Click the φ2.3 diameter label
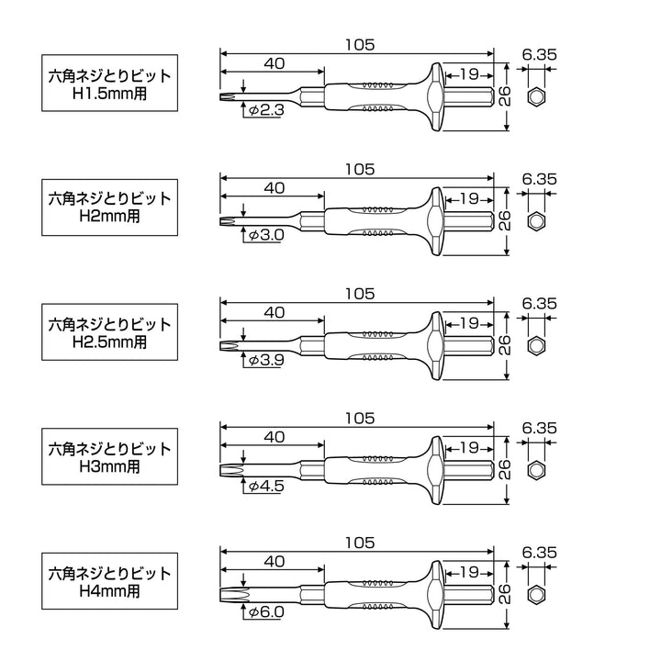pos(266,110)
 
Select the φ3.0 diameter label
pos(266,235)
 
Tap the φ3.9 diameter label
pos(266,360)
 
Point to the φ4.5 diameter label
pos(266,486)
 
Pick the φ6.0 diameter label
pos(266,611)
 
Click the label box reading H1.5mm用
pos(109,83)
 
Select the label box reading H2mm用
pos(109,207)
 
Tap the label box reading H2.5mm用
pos(109,331)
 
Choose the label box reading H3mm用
pos(109,456)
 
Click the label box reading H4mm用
pos(109,581)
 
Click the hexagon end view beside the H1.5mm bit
pos(536,97)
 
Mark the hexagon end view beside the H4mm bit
pos(536,595)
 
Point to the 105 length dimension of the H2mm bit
pos(360,170)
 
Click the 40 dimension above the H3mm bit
pos(274,437)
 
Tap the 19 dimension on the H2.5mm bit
pos(469,323)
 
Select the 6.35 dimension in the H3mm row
pos(539,429)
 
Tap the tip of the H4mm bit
pos(221,595)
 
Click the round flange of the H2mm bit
pos(436,221)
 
